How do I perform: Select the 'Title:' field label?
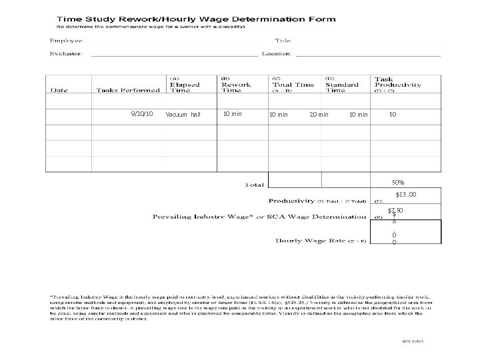pyautogui.click(x=275, y=41)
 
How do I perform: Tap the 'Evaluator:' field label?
pyautogui.click(x=68, y=53)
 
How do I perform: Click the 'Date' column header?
pyautogui.click(x=61, y=91)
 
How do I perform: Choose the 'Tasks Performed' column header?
pyautogui.click(x=128, y=91)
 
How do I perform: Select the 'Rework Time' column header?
pyautogui.click(x=236, y=85)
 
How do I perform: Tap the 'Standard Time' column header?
pyautogui.click(x=342, y=85)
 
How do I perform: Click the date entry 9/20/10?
pyautogui.click(x=143, y=114)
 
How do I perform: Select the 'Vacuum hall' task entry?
pyautogui.click(x=183, y=115)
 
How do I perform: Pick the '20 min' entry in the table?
pyautogui.click(x=319, y=115)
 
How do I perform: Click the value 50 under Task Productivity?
pyautogui.click(x=393, y=115)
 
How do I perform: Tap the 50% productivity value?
pyautogui.click(x=397, y=182)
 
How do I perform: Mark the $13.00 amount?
pyautogui.click(x=406, y=195)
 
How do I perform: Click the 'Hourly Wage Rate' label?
pyautogui.click(x=319, y=241)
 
